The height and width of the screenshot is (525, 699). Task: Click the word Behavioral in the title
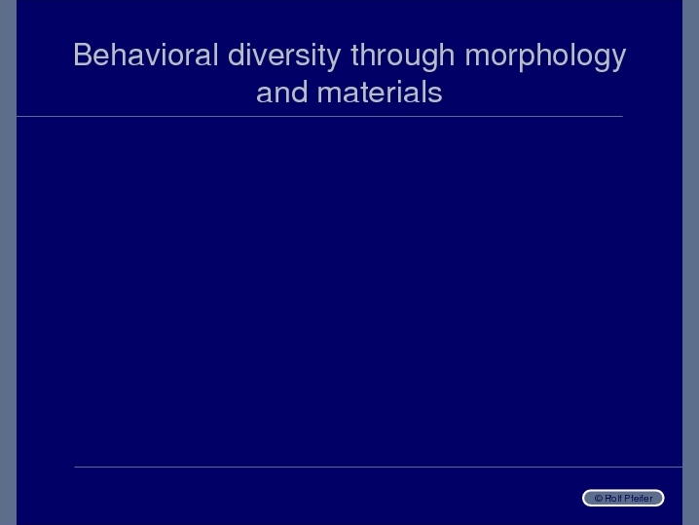click(146, 55)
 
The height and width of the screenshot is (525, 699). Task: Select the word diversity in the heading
click(284, 56)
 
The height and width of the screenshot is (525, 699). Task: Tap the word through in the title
click(402, 56)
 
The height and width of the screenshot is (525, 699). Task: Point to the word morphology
click(545, 56)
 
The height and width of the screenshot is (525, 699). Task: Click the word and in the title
click(282, 93)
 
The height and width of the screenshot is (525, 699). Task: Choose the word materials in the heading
click(380, 93)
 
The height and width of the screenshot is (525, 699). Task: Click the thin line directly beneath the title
click(319, 117)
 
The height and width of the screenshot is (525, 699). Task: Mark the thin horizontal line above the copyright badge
click(378, 467)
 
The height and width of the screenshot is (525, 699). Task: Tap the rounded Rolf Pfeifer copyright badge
click(623, 498)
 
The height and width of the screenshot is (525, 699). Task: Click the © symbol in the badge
click(599, 499)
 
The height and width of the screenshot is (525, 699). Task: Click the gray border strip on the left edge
click(8, 262)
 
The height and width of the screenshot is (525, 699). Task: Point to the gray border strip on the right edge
click(690, 262)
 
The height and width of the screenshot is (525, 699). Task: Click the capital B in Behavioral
click(83, 55)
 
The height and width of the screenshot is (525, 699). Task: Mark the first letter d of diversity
click(236, 55)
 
